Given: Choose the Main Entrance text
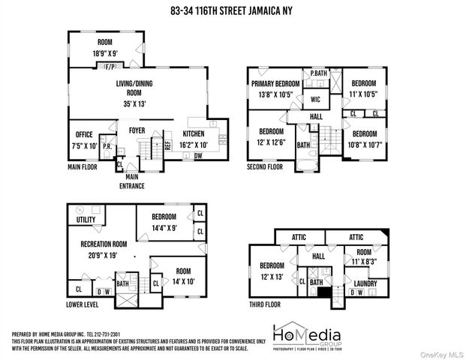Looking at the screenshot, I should tap(135, 181).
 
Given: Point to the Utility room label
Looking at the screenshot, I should tap(86, 220).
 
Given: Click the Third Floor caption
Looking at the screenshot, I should tap(267, 305).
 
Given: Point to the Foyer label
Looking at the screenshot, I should tap(137, 130).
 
